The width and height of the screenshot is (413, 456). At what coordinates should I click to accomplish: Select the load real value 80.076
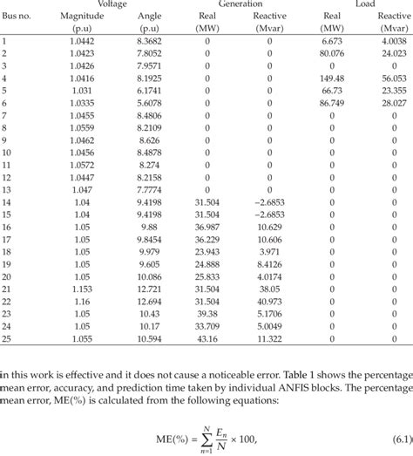point(332,53)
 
